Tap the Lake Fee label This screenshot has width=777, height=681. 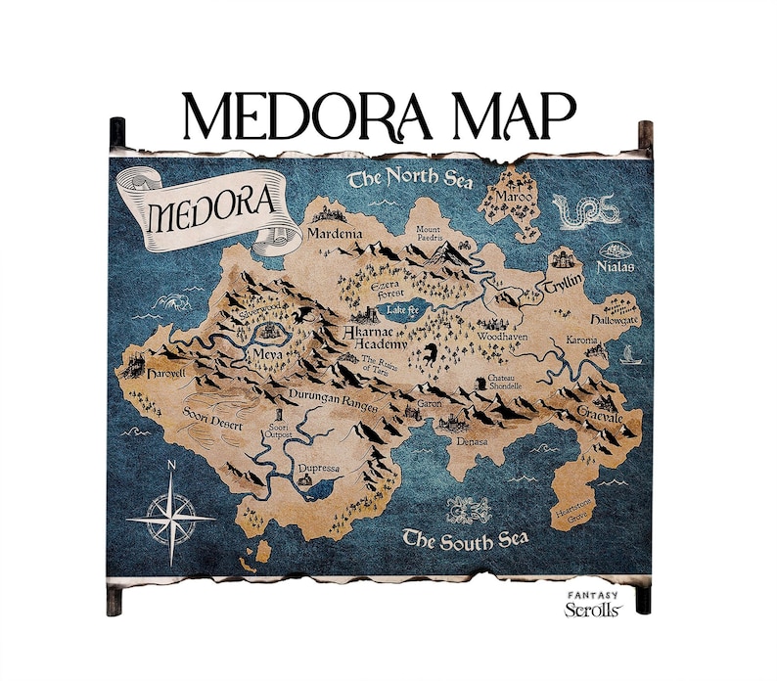[x=402, y=309]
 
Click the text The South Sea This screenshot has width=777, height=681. [x=466, y=539]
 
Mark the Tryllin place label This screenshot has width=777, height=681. [x=565, y=281]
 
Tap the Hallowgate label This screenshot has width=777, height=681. [x=614, y=320]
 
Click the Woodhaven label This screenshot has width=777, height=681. [x=502, y=336]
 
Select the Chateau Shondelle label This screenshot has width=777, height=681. [x=498, y=383]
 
